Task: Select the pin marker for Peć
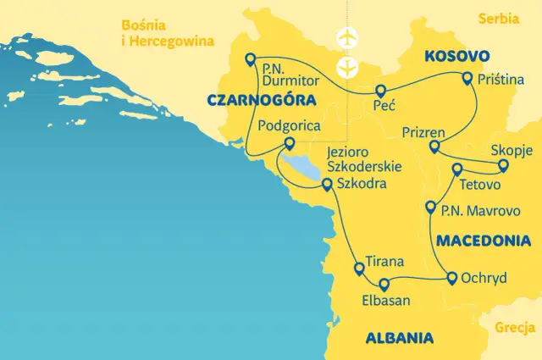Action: [x=379, y=91]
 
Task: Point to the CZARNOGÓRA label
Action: [x=255, y=101]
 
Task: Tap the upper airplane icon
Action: [x=346, y=38]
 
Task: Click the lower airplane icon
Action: [x=346, y=67]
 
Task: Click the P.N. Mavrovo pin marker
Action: [x=431, y=207]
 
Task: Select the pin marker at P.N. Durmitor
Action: [x=249, y=58]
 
